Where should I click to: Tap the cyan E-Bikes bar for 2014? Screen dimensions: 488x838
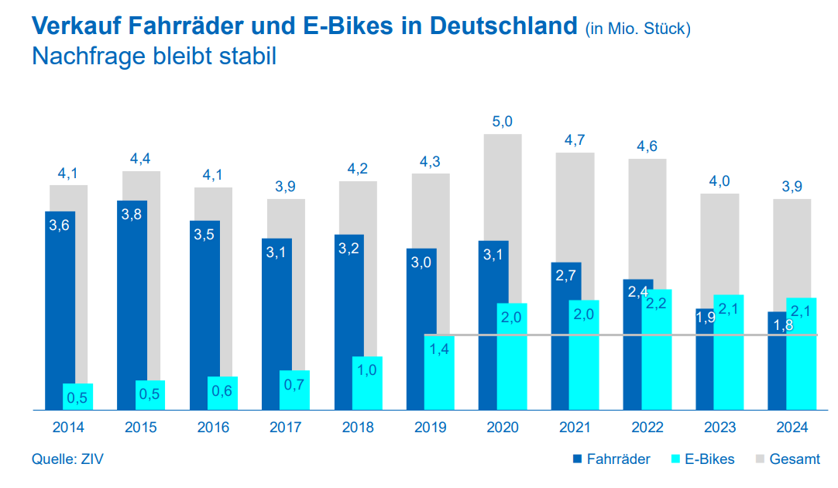coord(77,396)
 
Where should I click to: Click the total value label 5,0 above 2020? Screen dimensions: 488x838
coord(503,122)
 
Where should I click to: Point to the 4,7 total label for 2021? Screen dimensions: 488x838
coord(575,140)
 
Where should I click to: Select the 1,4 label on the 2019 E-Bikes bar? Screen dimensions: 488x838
coord(439,349)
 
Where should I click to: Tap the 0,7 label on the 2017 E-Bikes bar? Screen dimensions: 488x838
coord(294,383)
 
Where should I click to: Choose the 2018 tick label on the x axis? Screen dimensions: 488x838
coord(357,428)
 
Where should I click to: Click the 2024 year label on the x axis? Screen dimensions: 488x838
coord(792,428)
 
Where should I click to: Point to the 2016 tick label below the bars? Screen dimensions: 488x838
coord(213,428)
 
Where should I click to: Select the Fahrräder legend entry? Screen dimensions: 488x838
coord(610,459)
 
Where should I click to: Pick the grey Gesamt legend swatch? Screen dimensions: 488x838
coord(761,459)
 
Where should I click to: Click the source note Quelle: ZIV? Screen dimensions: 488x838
coord(67,459)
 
